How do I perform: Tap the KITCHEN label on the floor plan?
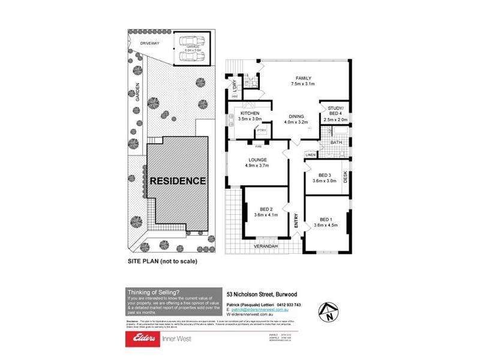[250, 113]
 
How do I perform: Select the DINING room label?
[296, 116]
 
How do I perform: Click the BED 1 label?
[326, 219]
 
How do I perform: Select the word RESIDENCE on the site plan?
[178, 180]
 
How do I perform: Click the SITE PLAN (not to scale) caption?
[163, 262]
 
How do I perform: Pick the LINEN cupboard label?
[310, 155]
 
